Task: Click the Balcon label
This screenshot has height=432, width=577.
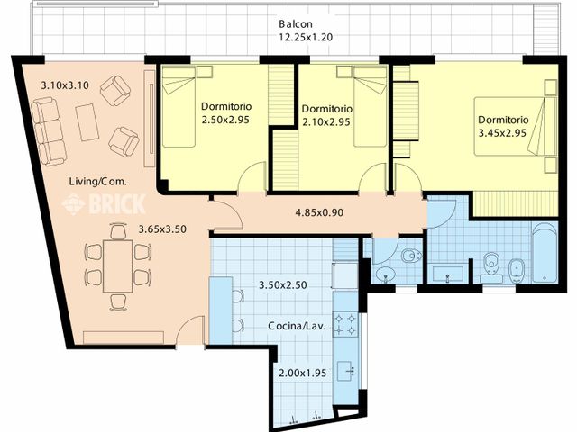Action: click(x=296, y=24)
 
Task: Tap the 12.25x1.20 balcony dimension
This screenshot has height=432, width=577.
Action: click(x=306, y=37)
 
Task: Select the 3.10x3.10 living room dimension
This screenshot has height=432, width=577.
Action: click(x=65, y=85)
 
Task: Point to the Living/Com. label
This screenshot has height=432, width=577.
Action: click(x=98, y=181)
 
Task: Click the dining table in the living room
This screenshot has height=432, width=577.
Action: click(x=118, y=266)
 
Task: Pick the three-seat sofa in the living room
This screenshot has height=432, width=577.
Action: click(x=49, y=131)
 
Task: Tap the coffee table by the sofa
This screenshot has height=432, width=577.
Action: click(x=87, y=122)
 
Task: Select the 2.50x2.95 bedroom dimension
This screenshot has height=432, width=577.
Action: click(x=225, y=120)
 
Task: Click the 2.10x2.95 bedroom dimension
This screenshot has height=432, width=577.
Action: click(x=326, y=122)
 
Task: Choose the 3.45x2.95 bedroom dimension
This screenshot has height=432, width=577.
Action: click(x=502, y=133)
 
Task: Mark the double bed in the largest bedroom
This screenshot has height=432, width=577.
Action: click(x=515, y=126)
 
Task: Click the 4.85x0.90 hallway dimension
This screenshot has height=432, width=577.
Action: click(x=319, y=212)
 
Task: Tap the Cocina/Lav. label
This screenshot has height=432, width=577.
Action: click(x=297, y=326)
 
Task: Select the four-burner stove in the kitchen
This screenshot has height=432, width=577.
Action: click(x=345, y=324)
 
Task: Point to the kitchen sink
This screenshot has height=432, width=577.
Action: click(x=346, y=371)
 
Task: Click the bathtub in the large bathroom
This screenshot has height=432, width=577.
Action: click(x=545, y=254)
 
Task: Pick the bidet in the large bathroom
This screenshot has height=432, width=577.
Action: click(x=517, y=270)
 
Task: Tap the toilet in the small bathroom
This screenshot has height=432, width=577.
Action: click(x=411, y=255)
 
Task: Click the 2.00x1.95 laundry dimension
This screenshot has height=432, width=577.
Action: click(x=303, y=373)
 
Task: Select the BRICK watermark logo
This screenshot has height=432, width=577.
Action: click(x=104, y=204)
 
